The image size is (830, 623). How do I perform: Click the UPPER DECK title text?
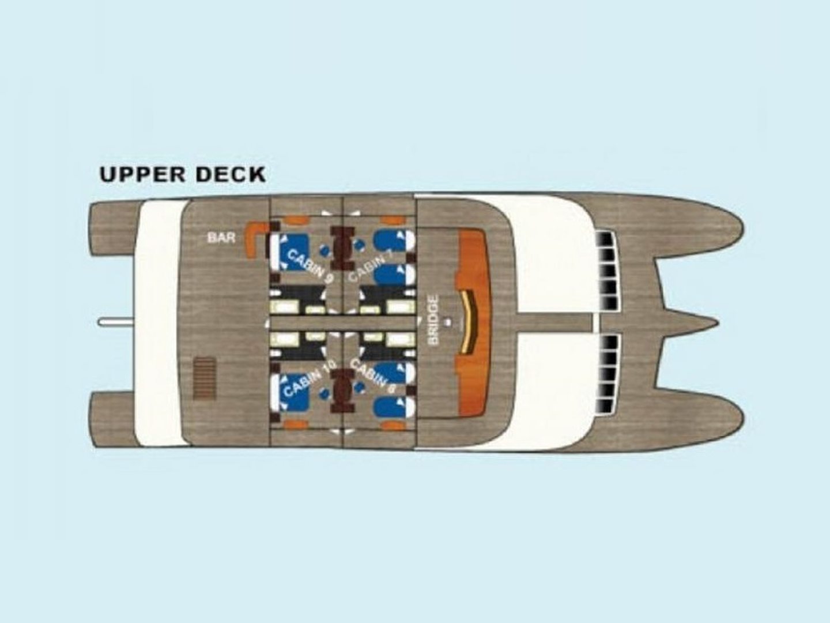click(182, 174)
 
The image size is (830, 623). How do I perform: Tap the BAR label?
click(221, 238)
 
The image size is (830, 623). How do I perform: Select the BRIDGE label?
click(434, 320)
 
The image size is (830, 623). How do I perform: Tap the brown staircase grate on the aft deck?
click(204, 378)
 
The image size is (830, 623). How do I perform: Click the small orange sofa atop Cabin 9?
click(293, 220)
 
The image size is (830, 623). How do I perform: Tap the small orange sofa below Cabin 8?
click(393, 425)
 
